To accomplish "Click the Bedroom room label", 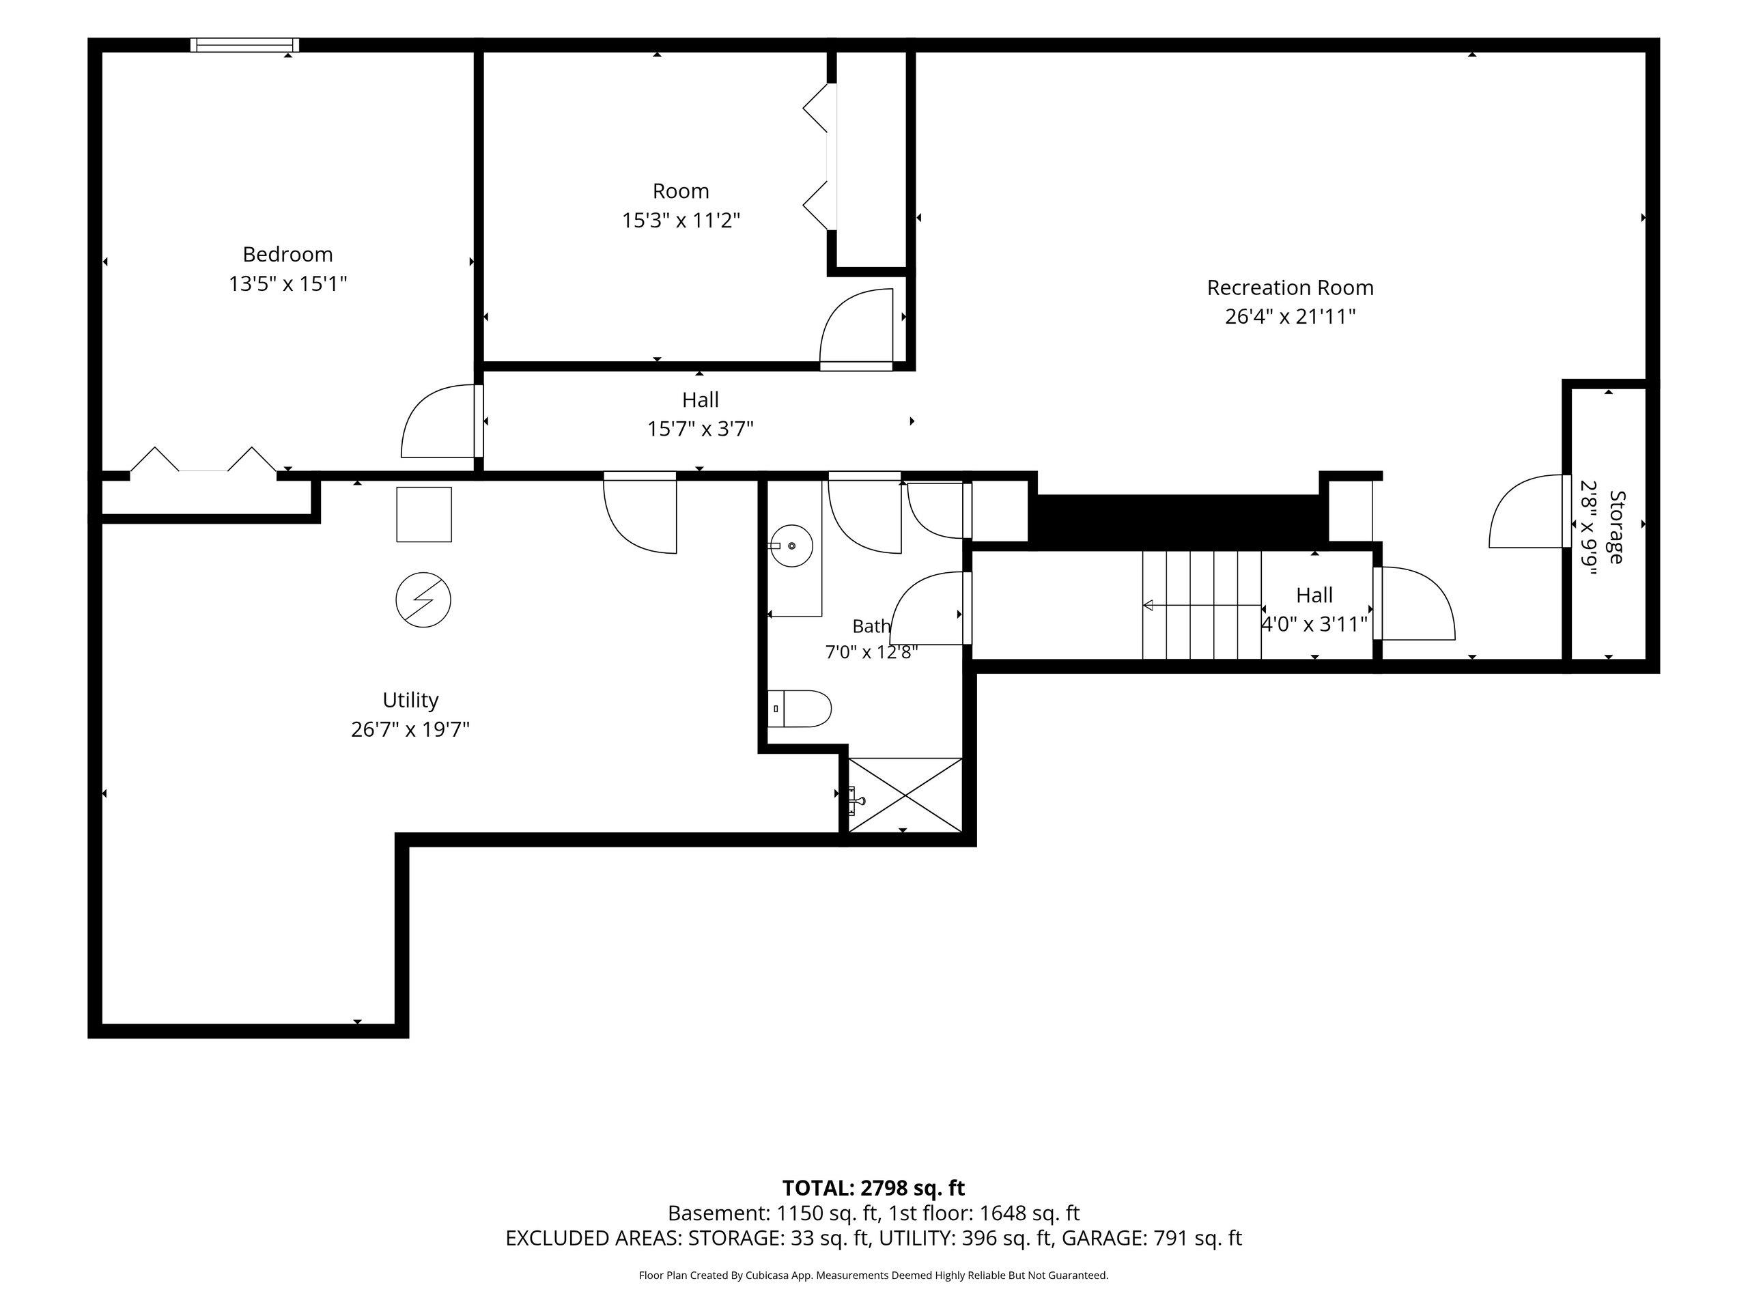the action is [x=287, y=255].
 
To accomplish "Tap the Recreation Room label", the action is [x=1290, y=287].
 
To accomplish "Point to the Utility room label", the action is [x=410, y=700].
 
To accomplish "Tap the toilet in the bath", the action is [x=799, y=709].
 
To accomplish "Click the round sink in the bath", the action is [x=791, y=546].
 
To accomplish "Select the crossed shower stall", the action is [x=905, y=795].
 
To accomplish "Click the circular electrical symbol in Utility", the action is [x=423, y=600].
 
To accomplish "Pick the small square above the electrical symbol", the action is [x=424, y=514].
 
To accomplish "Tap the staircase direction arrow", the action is [x=1202, y=606].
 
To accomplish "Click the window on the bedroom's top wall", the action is [x=245, y=45].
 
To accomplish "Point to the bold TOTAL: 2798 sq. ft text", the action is [x=873, y=1187].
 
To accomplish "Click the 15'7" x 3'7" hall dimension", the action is [x=700, y=429].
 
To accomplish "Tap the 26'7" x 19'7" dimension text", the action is [x=410, y=729].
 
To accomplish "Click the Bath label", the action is [x=871, y=627].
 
